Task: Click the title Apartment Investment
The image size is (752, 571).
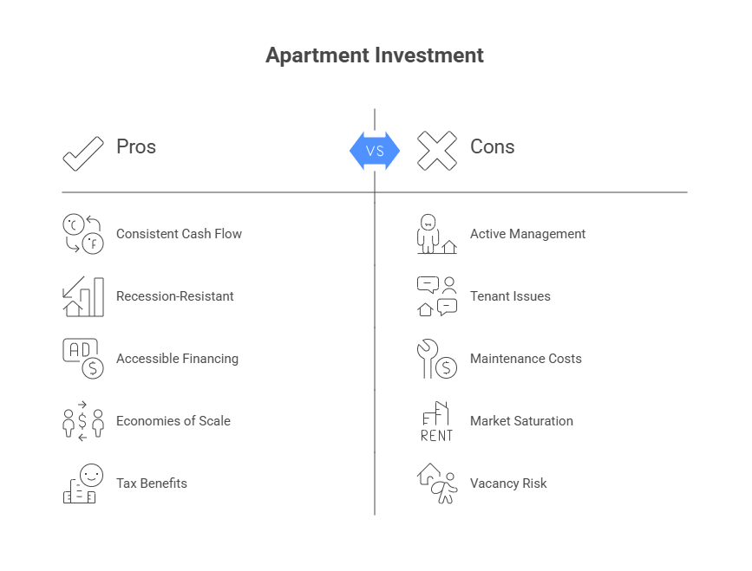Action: coord(375,55)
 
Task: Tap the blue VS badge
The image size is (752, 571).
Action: coord(375,151)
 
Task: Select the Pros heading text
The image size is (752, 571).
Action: coord(136,146)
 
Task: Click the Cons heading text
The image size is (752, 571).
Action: coord(492,146)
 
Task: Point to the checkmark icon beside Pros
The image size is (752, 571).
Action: coord(83,152)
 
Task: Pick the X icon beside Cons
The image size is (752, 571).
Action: coord(436,151)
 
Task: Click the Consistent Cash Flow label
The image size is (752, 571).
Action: coord(179,234)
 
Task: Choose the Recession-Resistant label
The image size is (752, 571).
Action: coord(174,296)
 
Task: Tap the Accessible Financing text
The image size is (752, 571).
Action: coord(177,359)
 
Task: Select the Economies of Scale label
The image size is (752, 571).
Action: coord(173,421)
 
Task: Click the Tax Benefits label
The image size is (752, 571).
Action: coord(151,483)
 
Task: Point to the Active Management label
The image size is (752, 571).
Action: coord(527,234)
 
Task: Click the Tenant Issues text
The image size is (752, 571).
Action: coord(510,296)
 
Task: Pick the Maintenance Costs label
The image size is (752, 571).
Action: coord(526,359)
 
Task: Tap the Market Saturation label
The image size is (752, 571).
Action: coord(521,421)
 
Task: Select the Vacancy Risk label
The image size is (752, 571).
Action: coord(508,483)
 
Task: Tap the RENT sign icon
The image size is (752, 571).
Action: coord(436,422)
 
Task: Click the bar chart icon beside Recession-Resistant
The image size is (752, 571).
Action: coord(83,296)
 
